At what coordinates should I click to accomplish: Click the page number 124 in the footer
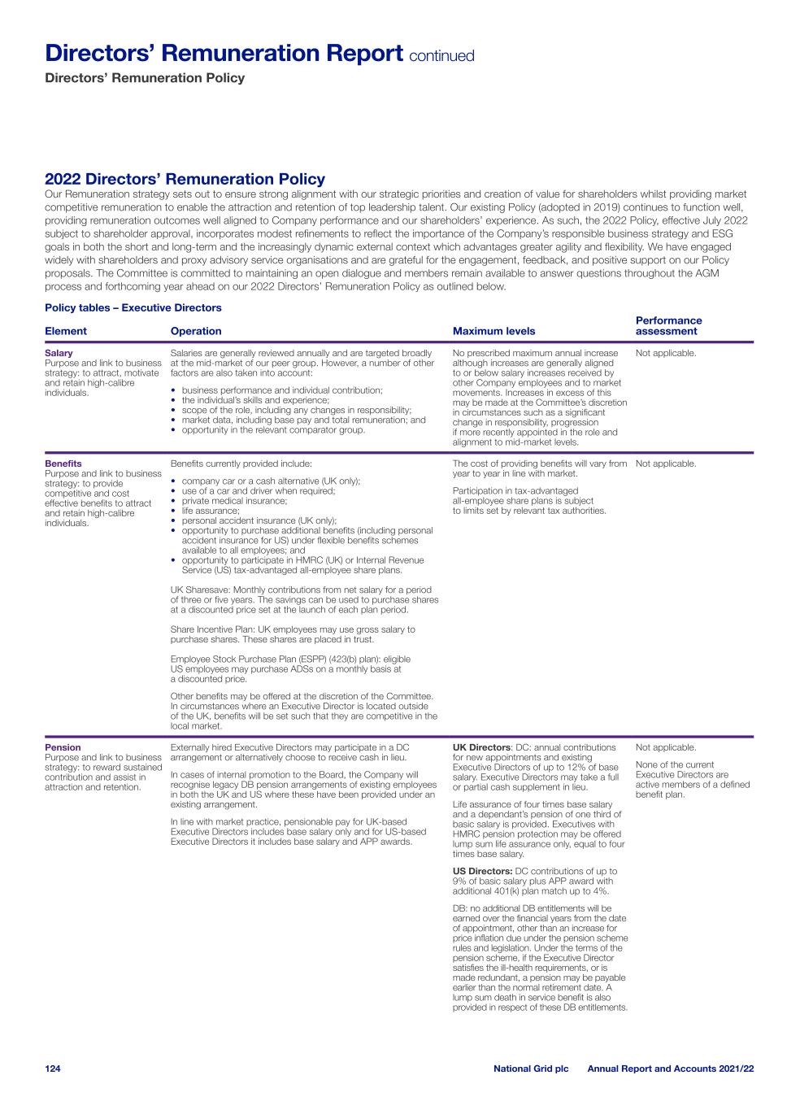53,1068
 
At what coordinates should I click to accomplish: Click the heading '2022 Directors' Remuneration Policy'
185,179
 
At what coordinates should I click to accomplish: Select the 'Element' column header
66,331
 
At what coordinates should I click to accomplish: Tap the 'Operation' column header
196,331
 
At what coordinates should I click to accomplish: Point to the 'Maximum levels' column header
493,331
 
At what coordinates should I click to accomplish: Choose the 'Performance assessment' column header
668,325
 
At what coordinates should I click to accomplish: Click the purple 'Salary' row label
59,353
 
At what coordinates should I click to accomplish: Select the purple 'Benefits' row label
63,464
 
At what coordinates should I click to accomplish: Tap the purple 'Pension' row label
63,747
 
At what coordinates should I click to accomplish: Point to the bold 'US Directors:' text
483,871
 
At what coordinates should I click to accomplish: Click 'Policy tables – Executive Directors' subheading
133,307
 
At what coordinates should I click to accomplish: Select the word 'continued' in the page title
441,56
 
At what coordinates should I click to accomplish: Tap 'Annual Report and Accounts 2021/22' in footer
670,1068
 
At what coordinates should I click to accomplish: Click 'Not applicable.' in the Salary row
666,353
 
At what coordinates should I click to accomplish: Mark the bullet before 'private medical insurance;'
174,502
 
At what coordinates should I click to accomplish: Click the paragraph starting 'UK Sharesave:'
304,599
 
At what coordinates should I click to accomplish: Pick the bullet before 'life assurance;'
174,511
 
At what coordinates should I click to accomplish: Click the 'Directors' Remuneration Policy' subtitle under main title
145,78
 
